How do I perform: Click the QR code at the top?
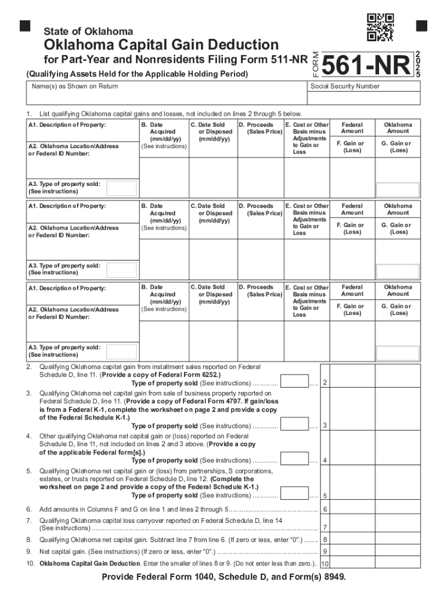(x=381, y=27)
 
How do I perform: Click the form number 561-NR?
(x=366, y=66)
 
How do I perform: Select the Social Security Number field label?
(x=345, y=86)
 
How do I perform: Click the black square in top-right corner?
(x=421, y=26)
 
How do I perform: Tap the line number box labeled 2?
(x=325, y=382)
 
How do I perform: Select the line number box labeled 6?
(x=325, y=510)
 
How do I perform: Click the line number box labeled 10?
(x=325, y=564)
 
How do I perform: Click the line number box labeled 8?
(x=325, y=540)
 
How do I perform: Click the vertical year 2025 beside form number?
(x=419, y=63)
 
